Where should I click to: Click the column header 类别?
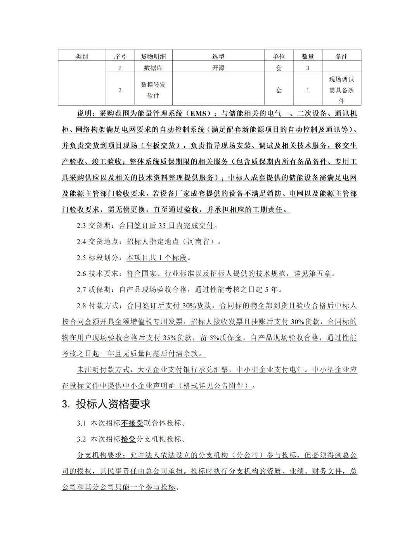[82, 57]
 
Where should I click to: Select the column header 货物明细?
[153, 57]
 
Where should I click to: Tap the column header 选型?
[218, 57]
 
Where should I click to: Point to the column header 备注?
[341, 57]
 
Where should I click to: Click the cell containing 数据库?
[153, 68]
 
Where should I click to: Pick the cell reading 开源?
[218, 68]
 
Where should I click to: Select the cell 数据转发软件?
[153, 90]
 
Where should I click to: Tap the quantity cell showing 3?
[308, 68]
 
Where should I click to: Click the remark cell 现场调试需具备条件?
[341, 90]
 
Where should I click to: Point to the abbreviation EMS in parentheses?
[197, 114]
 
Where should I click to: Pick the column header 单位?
[279, 57]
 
